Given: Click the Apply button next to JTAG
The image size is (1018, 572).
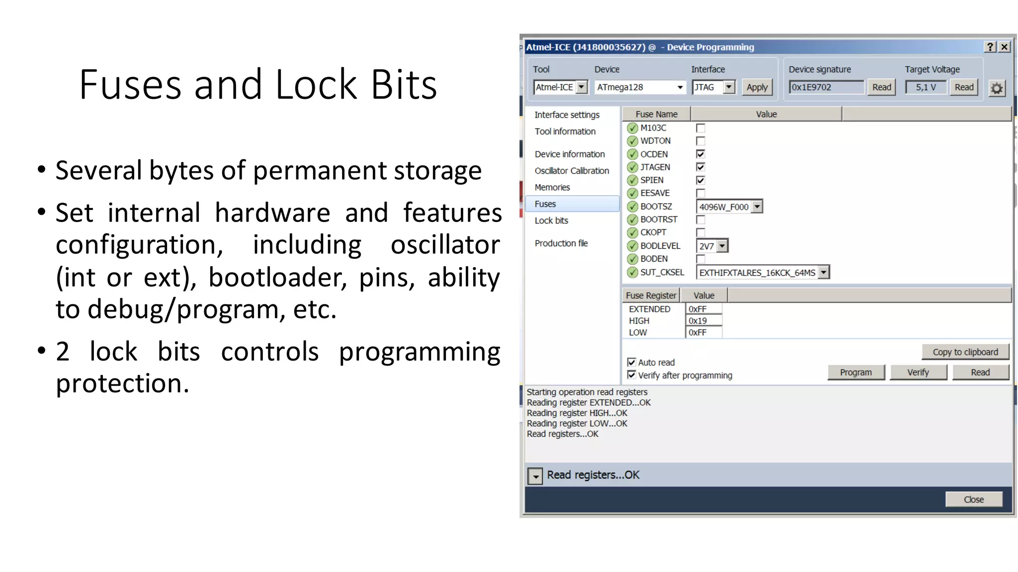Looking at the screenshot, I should tap(757, 87).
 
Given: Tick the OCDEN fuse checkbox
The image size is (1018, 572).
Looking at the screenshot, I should tap(700, 154).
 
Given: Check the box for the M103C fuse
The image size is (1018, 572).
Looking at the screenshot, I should tap(700, 128).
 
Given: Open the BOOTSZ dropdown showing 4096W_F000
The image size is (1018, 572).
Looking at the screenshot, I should tap(757, 207).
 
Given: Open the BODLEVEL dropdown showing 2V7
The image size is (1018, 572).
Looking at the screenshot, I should tap(722, 246).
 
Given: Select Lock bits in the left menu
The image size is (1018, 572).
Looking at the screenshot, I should tap(551, 220).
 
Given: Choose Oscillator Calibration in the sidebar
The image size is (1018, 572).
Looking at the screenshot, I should tap(572, 171).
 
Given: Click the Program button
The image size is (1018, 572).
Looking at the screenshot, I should tap(855, 372).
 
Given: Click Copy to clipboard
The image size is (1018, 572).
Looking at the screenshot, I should tap(965, 352).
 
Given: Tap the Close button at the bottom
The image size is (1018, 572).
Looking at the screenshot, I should tap(973, 500).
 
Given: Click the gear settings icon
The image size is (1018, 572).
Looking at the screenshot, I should tap(997, 88).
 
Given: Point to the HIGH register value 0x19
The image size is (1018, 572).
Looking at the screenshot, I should tap(703, 321).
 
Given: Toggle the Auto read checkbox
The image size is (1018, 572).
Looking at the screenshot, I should tap(632, 362).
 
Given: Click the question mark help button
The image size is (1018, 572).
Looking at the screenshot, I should tap(990, 47).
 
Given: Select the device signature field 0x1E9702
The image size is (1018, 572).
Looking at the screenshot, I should tap(826, 87).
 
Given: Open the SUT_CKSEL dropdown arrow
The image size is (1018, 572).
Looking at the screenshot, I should tap(824, 272).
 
